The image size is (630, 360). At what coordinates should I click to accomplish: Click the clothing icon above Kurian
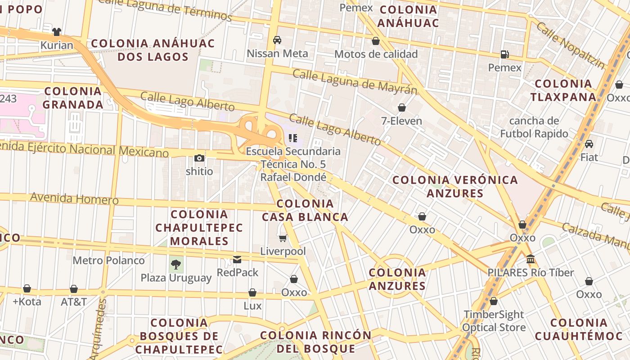pos(57,32)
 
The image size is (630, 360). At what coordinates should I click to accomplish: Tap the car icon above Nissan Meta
pos(277,40)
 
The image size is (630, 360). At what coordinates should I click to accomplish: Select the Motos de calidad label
pos(376,54)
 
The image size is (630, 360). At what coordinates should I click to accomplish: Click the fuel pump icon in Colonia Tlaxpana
pos(505,54)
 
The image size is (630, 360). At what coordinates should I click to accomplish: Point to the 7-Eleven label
pos(401,121)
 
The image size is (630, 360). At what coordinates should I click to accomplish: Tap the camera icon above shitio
pos(199,158)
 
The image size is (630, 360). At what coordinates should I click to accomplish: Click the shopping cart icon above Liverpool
pos(283,238)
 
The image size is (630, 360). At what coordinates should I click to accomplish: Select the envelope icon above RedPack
pos(237,259)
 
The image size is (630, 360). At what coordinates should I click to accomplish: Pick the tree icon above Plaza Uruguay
pos(176,265)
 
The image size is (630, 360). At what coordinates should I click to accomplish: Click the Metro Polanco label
pos(108,260)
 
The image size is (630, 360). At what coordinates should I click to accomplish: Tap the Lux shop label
pos(252,306)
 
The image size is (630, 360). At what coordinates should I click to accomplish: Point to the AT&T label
pos(74,301)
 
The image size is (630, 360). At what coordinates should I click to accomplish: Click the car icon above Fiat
pos(589,144)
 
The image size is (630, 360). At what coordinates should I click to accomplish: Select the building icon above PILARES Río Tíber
pos(531,259)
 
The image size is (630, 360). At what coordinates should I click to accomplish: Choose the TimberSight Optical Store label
pos(494,321)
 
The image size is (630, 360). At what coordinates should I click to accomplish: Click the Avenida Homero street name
pos(74,198)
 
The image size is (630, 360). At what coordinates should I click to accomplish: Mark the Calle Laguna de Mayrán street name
pos(355,81)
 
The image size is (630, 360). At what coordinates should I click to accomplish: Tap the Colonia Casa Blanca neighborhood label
pos(305,210)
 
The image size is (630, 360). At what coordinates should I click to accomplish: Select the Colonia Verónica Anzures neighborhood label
pos(455,186)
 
